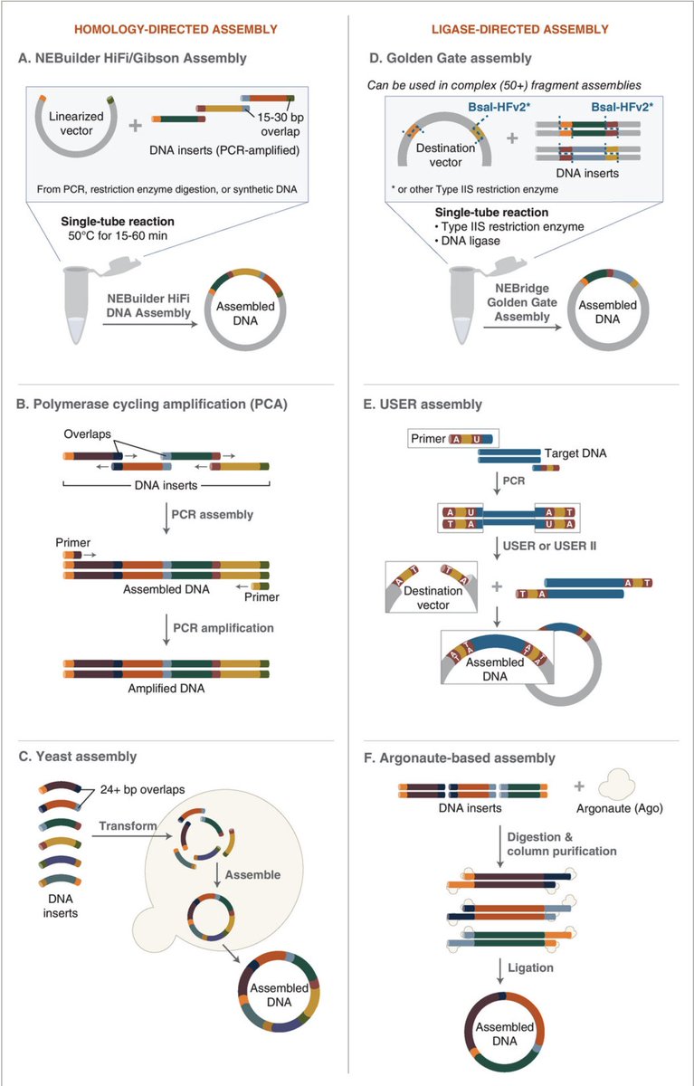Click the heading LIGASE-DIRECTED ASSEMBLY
point(521,29)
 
